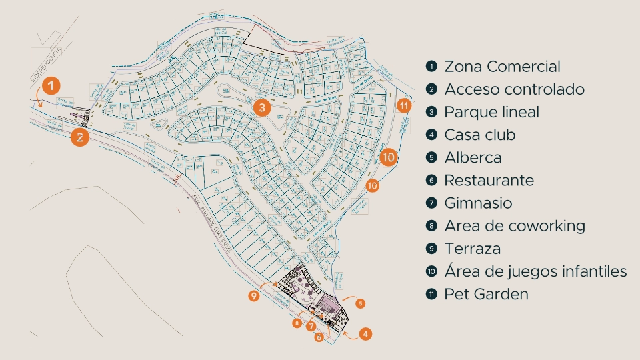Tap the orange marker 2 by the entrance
(x=79, y=137)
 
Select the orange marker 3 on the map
(x=262, y=107)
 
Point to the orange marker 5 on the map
(x=360, y=304)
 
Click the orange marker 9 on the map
(x=253, y=296)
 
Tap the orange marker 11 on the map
(x=403, y=105)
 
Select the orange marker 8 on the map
(x=297, y=323)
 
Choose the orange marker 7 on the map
(x=311, y=327)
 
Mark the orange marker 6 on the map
(x=319, y=338)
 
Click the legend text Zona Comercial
(x=502, y=67)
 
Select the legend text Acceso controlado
(x=514, y=89)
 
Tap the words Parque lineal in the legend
(x=491, y=112)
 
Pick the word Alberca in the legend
(x=473, y=157)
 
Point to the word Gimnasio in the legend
(x=478, y=203)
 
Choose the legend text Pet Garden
(x=486, y=293)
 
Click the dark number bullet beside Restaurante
(x=431, y=180)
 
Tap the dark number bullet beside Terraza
(x=431, y=249)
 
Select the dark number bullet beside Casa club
(x=431, y=135)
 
